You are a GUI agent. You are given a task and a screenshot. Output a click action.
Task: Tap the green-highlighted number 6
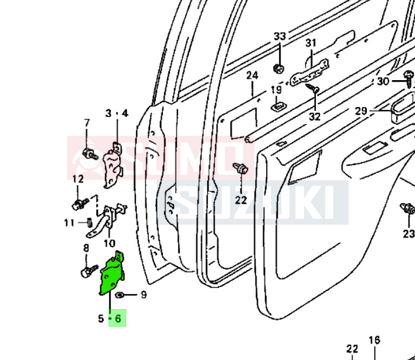click(118, 318)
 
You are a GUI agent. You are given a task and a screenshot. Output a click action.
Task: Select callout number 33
click(280, 36)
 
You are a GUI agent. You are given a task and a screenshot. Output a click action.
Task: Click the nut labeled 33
click(279, 69)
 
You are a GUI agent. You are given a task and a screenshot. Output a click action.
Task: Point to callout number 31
click(311, 43)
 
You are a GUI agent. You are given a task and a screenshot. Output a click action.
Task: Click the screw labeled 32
click(312, 88)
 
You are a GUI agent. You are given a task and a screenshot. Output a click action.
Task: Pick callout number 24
click(252, 75)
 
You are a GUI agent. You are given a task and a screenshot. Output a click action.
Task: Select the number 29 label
click(361, 111)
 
